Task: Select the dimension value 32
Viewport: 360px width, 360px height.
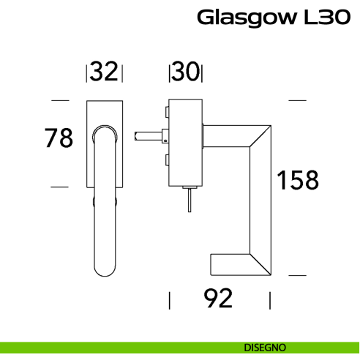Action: (x=105, y=72)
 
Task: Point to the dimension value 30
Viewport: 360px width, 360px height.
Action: (x=187, y=72)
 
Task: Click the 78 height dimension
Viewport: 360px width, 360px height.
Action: (x=59, y=138)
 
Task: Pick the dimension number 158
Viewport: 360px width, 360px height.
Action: (x=297, y=179)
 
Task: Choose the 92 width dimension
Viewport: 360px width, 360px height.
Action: (x=218, y=299)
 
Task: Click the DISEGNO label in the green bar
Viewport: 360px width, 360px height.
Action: (x=266, y=347)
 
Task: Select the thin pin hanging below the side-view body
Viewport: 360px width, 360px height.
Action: (x=189, y=199)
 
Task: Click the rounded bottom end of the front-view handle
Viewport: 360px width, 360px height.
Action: (x=104, y=266)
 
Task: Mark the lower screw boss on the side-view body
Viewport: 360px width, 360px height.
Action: (x=168, y=159)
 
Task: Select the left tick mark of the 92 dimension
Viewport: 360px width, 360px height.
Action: (x=170, y=300)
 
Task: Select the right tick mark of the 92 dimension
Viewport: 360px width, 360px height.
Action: (x=270, y=300)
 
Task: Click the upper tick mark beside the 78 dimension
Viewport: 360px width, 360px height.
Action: (x=60, y=100)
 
